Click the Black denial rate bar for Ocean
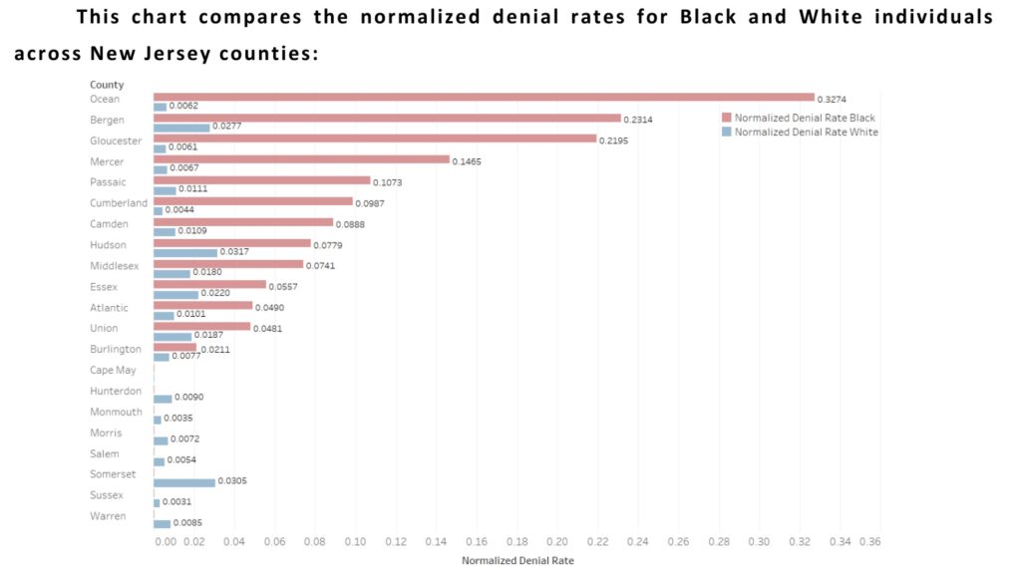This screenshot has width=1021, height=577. pos(484,97)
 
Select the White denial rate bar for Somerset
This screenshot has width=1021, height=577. pos(184,482)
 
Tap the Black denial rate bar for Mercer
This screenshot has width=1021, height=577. pos(301,159)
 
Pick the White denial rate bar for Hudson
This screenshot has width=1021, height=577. pos(185,252)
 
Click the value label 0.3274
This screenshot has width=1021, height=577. pos(833,99)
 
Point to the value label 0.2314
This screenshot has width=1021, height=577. pos(639,120)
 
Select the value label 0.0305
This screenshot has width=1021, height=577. pos(232,481)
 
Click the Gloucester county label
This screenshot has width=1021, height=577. pos(116,141)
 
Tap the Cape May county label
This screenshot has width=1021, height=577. pos(113,371)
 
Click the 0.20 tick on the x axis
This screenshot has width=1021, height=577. pos(557,541)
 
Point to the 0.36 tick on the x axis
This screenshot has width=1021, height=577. pos(869,541)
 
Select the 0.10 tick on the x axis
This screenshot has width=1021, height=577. pos(355,541)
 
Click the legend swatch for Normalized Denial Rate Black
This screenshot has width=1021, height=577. pos(726,118)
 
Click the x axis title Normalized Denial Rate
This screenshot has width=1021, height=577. pos(517,560)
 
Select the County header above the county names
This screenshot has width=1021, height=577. pos(107,85)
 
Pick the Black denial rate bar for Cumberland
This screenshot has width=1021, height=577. pos(253,201)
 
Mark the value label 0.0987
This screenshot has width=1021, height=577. pos(371,203)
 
